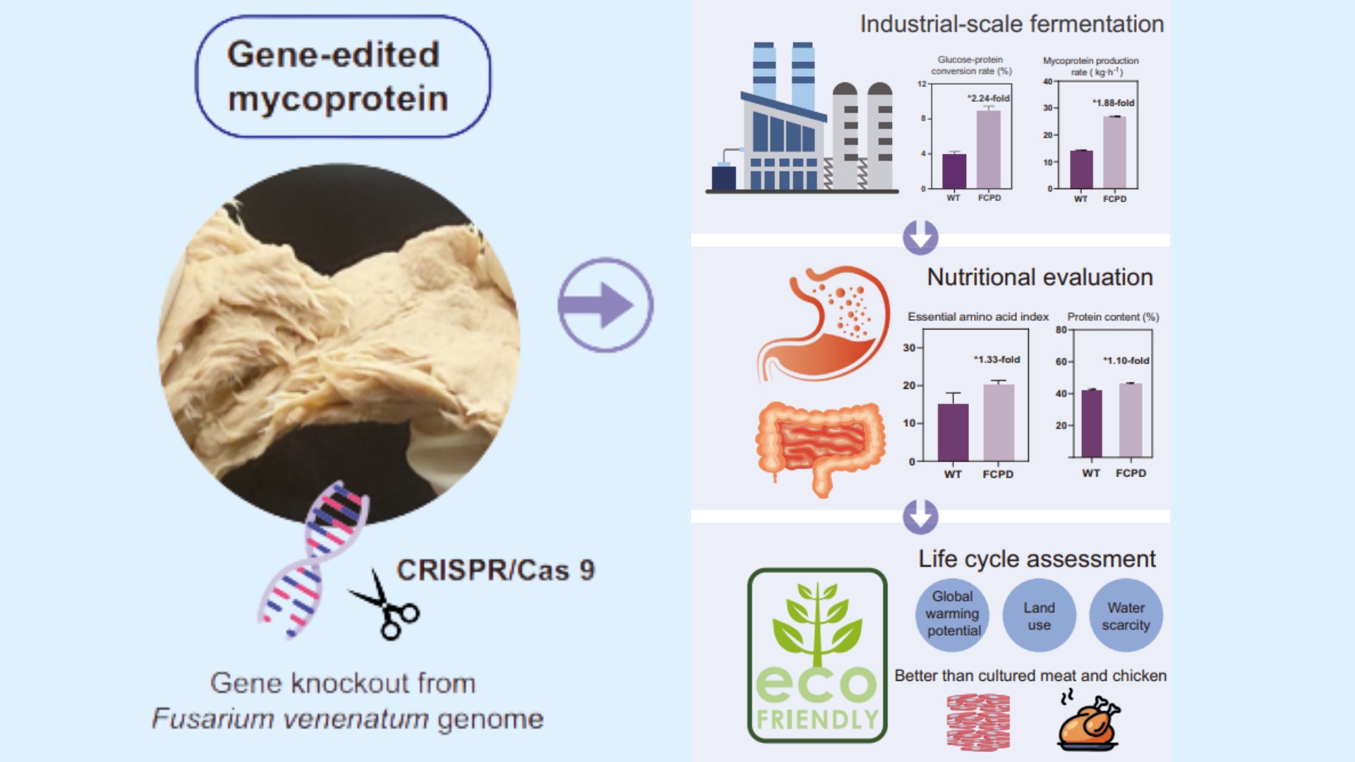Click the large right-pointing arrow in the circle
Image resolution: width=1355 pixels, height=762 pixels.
[x=606, y=305]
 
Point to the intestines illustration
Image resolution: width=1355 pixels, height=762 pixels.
[x=820, y=445]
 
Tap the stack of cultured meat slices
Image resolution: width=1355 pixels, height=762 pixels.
[x=978, y=722]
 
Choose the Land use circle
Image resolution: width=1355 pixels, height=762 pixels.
[x=1039, y=615]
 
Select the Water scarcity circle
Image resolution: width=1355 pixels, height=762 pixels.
[x=1126, y=615]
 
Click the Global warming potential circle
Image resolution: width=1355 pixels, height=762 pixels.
[x=953, y=614]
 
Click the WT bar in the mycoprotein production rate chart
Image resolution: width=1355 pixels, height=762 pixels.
[x=1081, y=169]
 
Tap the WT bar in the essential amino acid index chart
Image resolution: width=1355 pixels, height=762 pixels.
[x=953, y=432]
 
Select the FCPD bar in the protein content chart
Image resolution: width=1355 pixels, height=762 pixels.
[x=1131, y=421]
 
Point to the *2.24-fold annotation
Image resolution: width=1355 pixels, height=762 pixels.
[x=989, y=98]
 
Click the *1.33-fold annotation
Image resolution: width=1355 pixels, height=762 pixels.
[x=997, y=359]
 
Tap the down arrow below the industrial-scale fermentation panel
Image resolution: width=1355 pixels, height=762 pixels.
[x=920, y=237]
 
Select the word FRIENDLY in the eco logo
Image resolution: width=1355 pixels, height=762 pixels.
[x=817, y=720]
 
